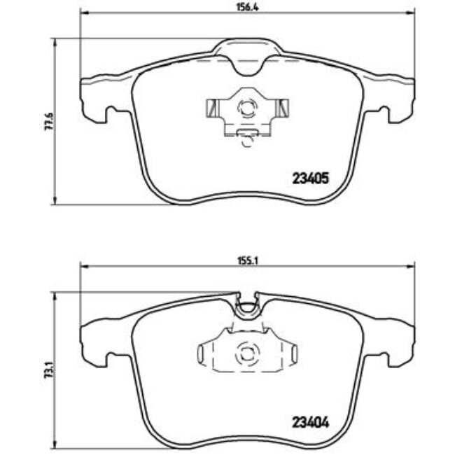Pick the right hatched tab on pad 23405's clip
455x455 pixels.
(283, 108)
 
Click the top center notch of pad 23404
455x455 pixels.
(247, 303)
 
